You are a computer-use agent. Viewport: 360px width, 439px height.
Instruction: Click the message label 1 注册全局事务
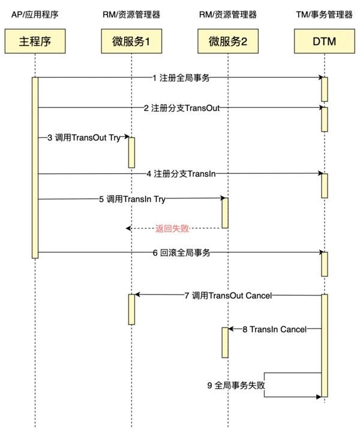[x=181, y=77]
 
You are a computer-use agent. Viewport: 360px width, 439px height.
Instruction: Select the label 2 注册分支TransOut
[x=181, y=108]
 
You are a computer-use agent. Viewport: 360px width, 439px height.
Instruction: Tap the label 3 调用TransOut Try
[x=84, y=138]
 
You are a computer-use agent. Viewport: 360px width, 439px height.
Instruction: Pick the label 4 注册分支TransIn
[x=181, y=174]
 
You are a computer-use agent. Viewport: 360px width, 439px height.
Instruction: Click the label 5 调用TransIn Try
[x=132, y=199]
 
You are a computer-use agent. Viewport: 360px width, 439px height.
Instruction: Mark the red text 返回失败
[x=172, y=228]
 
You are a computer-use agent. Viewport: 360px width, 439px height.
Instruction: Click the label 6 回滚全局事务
[x=181, y=252]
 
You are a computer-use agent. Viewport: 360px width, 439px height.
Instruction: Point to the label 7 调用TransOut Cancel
[x=227, y=295]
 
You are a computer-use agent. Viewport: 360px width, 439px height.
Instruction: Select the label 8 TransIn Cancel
[x=274, y=329]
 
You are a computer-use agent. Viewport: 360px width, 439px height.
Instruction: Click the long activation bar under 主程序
[x=35, y=168]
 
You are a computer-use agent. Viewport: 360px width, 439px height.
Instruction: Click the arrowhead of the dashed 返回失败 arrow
[x=128, y=228]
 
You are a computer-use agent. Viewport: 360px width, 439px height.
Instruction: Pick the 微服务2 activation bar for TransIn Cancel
[x=225, y=342]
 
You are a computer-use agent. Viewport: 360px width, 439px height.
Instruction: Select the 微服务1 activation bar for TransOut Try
[x=131, y=152]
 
